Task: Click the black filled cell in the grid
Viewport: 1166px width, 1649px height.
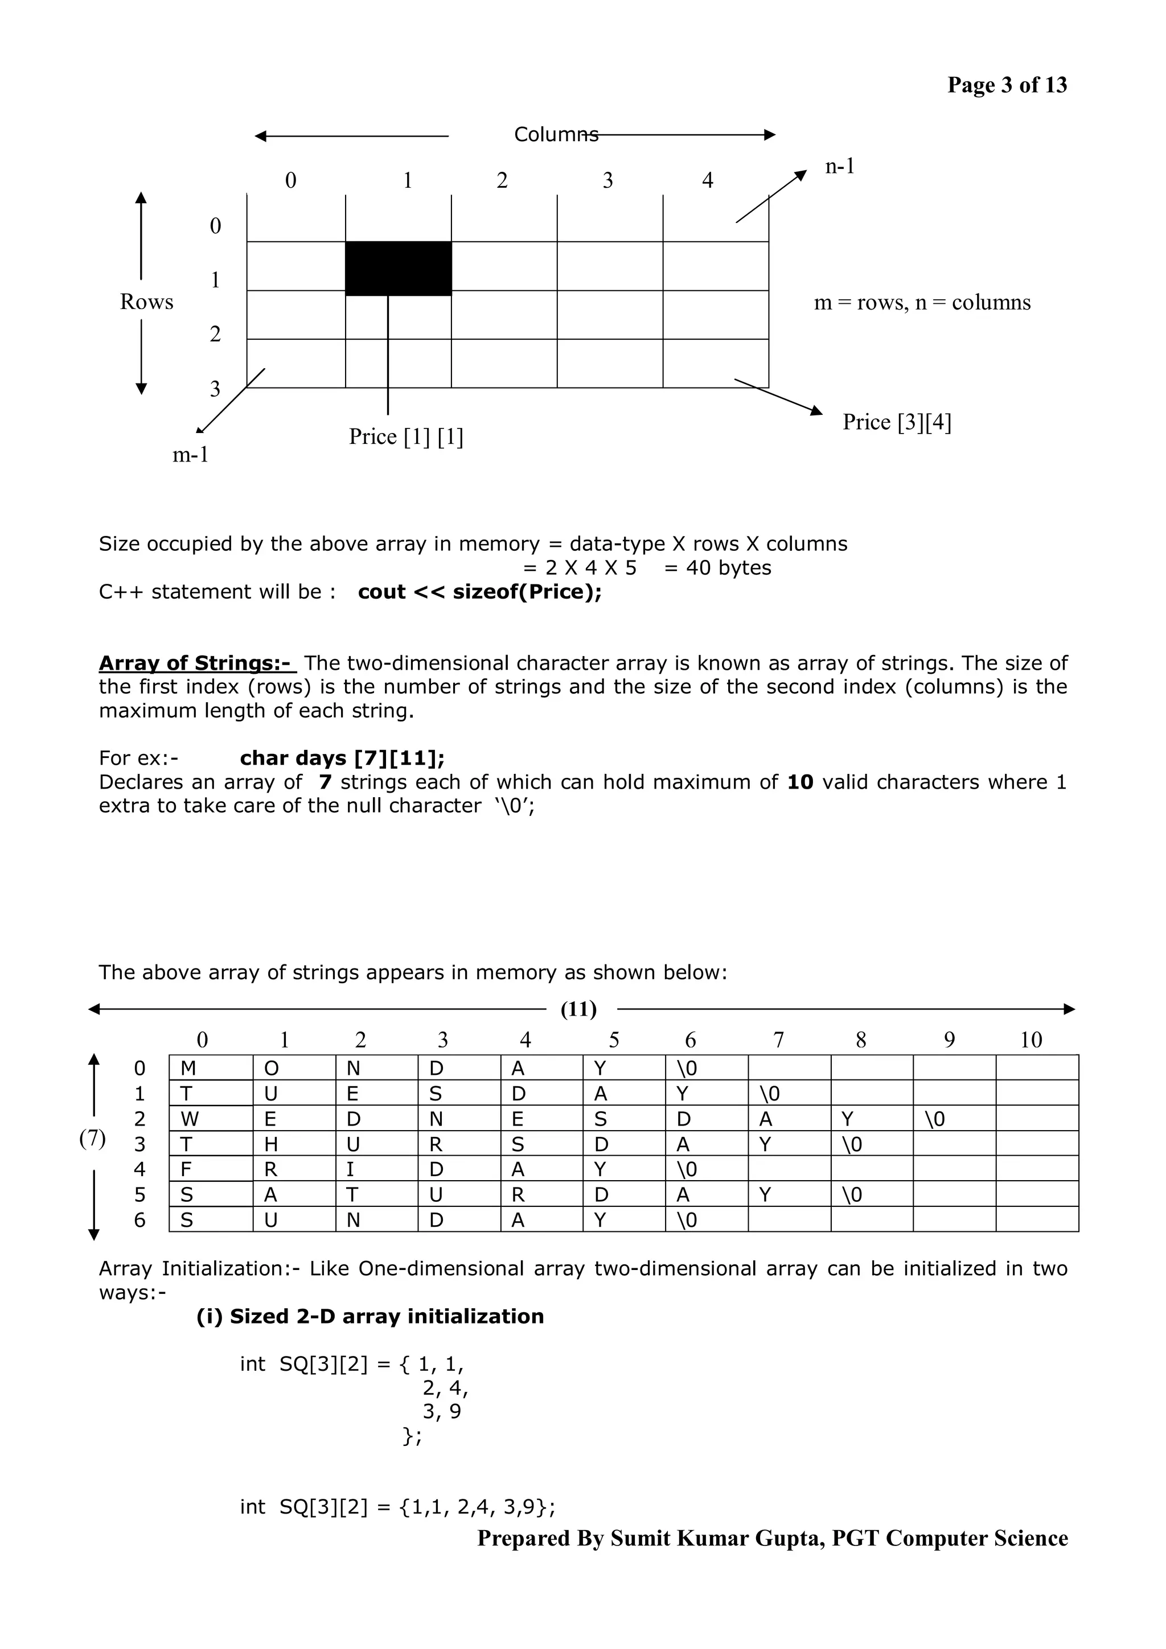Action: [x=398, y=268]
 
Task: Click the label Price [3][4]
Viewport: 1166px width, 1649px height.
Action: [x=896, y=422]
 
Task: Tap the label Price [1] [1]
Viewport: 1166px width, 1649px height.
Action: [x=406, y=436]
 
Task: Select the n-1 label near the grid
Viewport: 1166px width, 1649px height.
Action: [x=840, y=167]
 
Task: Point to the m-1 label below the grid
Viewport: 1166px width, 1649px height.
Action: [x=190, y=455]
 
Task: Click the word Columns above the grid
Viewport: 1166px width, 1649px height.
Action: [x=555, y=134]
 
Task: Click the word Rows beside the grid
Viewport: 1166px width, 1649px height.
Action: [x=146, y=302]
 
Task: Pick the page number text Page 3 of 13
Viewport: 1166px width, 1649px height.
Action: [x=1007, y=85]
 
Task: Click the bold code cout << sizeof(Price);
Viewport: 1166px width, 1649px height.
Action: [x=479, y=592]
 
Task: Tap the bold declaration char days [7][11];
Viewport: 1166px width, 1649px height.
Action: [x=342, y=758]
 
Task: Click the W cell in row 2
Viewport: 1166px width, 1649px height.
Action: [x=190, y=1119]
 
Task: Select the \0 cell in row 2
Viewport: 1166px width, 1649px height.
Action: [x=935, y=1119]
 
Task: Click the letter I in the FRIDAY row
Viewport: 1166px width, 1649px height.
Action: [x=350, y=1169]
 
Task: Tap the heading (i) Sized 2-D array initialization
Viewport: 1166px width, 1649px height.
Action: [x=370, y=1317]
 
